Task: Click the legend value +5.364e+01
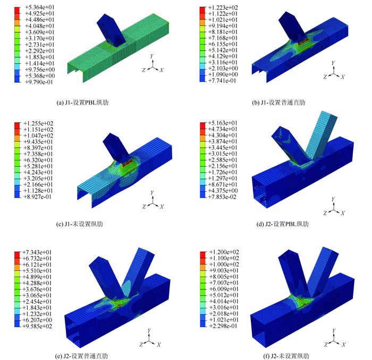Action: tap(40, 7)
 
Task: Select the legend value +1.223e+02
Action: tap(223, 7)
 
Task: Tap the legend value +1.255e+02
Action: tap(38, 124)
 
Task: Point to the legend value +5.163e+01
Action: tap(223, 123)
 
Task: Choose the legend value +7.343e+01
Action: tap(37, 252)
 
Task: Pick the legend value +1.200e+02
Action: tap(224, 252)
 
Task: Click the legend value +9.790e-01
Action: tap(39, 82)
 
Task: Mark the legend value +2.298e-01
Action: tap(223, 326)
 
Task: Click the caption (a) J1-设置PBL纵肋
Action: tap(82, 102)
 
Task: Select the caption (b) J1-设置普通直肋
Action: tap(278, 102)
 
